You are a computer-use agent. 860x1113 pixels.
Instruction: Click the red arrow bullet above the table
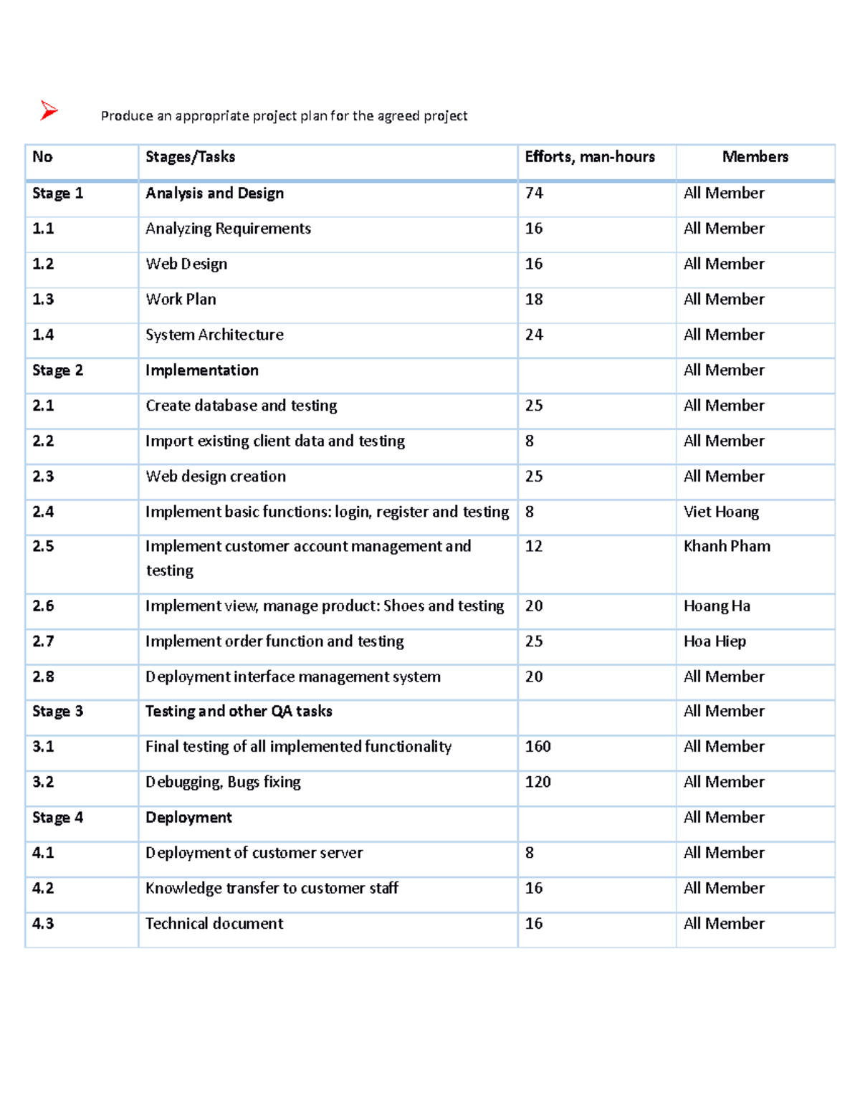point(49,110)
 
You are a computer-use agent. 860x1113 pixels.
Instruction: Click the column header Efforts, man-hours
point(589,157)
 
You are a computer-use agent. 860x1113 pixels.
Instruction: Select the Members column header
point(755,157)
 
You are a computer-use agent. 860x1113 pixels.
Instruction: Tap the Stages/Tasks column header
point(190,157)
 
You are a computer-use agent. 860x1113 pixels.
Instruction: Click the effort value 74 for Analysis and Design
point(534,194)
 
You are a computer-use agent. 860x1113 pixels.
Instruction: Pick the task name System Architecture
point(214,335)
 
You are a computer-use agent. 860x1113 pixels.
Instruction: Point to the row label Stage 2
point(57,371)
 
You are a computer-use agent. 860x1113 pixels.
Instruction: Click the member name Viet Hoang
point(721,512)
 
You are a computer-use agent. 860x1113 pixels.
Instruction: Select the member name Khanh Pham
point(727,546)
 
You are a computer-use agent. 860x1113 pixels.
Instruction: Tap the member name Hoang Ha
point(717,606)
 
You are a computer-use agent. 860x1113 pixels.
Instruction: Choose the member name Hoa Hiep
point(715,641)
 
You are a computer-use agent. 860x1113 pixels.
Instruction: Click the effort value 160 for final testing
point(537,747)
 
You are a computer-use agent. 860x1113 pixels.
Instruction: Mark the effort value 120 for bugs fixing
point(537,782)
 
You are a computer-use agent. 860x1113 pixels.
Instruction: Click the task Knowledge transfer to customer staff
point(272,889)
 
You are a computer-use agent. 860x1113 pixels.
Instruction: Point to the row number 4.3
point(43,924)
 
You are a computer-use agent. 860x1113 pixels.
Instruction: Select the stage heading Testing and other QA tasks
point(239,712)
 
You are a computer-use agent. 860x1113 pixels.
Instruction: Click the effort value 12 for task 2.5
point(534,546)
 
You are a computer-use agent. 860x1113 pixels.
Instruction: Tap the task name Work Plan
point(181,300)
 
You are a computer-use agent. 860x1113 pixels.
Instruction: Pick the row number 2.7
point(43,641)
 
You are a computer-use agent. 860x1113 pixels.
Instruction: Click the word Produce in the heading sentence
point(127,116)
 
